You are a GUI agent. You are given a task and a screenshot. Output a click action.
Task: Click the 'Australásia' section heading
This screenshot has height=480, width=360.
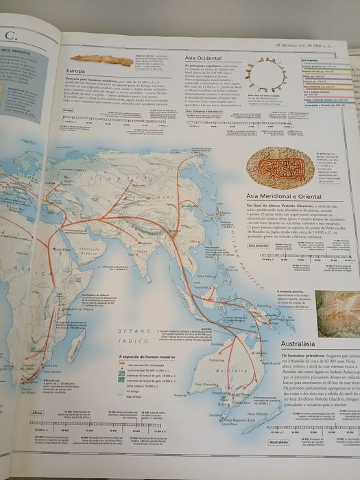(304, 343)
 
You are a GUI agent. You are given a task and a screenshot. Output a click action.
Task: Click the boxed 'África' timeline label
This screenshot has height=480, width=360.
(38, 413)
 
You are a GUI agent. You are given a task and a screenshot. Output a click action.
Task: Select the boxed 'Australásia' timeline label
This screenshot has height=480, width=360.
(277, 443)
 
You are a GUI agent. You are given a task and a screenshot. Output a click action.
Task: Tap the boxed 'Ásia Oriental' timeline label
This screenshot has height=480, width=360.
(259, 244)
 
